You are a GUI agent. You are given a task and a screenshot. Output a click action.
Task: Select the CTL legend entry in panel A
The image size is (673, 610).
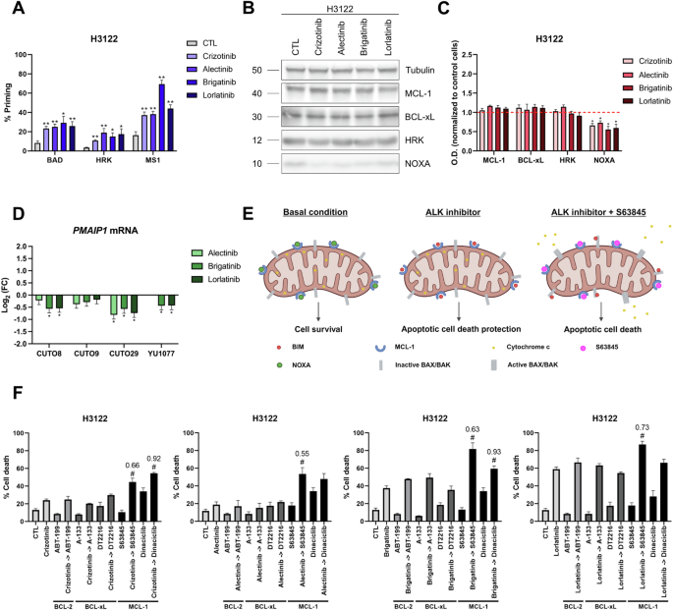point(208,44)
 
